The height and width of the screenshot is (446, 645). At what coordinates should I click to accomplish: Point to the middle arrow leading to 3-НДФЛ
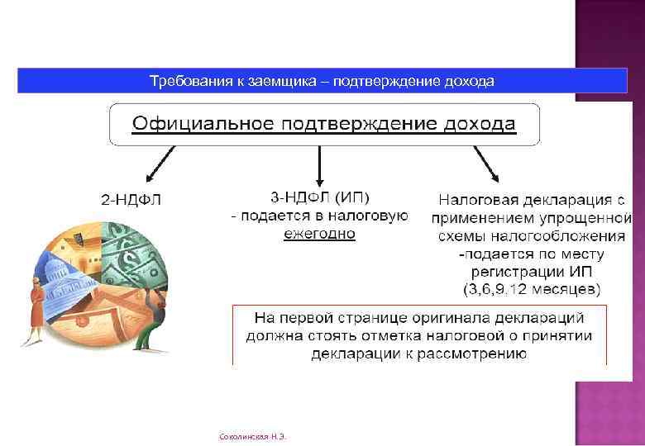point(318,165)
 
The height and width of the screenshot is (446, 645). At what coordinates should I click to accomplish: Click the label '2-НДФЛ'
point(131,199)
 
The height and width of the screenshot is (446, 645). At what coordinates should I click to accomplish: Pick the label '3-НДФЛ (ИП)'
point(320,197)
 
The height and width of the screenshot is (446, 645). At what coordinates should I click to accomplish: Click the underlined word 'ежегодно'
point(319,234)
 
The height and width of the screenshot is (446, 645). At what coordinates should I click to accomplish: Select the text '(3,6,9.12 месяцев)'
point(531,289)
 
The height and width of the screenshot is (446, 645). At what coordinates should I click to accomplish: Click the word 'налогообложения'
point(562,235)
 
